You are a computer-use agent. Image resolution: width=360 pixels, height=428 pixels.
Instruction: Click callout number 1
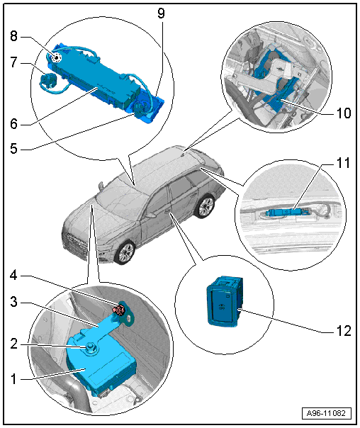point(13,379)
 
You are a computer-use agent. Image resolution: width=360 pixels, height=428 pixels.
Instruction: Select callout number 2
point(14,344)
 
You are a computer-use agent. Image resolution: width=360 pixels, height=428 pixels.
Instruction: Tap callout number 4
point(13,276)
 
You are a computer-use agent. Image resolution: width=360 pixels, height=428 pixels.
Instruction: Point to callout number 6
point(14,123)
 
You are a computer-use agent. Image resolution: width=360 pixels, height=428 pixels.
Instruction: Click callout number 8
point(14,36)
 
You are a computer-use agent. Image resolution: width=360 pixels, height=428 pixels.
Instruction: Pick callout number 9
point(162,13)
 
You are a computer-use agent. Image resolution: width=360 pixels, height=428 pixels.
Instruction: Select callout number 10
point(344,113)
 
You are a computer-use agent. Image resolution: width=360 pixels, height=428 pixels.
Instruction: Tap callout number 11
point(344,163)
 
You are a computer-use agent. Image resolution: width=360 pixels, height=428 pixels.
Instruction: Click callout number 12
point(344,331)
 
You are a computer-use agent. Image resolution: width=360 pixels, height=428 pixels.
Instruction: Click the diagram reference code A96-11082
point(327,413)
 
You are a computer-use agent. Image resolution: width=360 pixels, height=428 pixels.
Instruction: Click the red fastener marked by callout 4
point(119,310)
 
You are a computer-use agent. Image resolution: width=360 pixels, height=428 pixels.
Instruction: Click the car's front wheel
point(125,252)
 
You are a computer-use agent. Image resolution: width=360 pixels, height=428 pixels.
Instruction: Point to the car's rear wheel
point(204,206)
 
